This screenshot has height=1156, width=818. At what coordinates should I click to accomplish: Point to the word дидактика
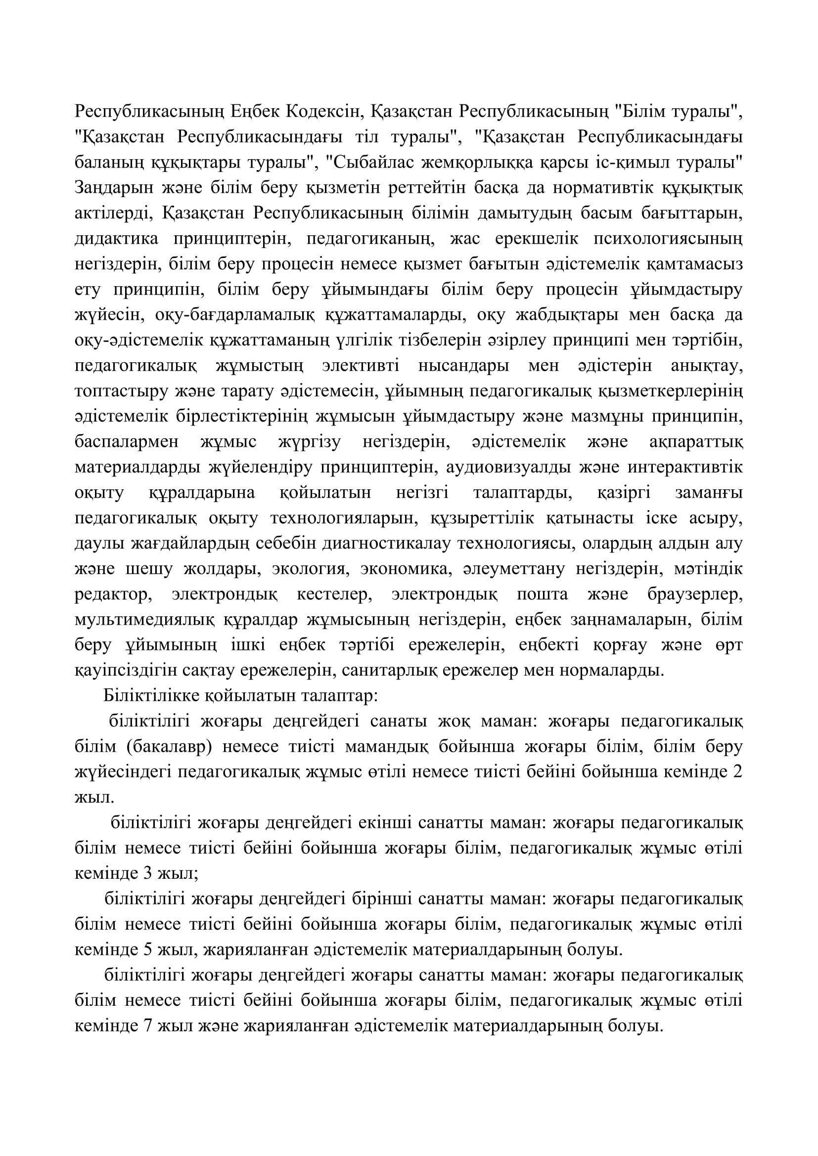coord(116,238)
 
